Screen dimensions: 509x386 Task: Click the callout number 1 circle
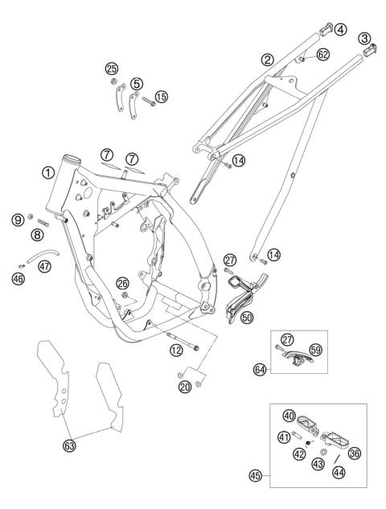coord(49,172)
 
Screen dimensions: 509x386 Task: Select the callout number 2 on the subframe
coord(267,60)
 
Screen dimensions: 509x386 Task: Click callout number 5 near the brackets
coord(137,84)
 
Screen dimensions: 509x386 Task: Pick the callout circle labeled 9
coord(16,218)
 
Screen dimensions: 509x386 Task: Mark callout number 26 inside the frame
coord(122,283)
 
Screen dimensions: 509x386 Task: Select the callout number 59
coord(316,350)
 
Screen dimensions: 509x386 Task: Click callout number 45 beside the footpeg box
coord(255,474)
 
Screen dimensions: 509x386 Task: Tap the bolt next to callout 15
coord(149,101)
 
